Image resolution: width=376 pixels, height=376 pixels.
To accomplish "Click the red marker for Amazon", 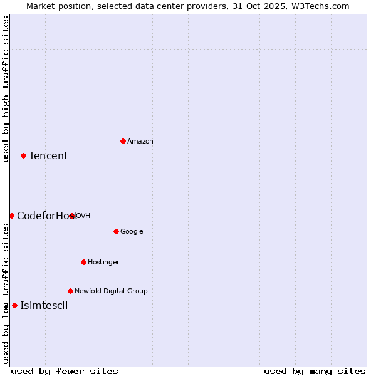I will (x=123, y=141).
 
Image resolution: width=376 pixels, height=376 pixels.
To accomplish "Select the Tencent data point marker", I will (x=23, y=155).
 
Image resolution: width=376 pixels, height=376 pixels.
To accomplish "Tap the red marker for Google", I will (x=116, y=231).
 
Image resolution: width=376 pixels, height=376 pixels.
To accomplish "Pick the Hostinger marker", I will (x=83, y=262).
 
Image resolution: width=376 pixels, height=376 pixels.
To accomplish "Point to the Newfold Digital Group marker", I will (x=70, y=291).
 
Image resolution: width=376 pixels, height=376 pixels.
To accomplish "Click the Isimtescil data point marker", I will (x=14, y=306).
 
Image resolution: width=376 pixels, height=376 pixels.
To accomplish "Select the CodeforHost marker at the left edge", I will (x=11, y=216).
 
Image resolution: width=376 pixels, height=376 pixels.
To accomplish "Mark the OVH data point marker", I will (x=72, y=216).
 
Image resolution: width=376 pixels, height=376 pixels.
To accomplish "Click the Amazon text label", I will (x=140, y=142).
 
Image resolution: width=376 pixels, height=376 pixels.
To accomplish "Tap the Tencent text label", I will (x=48, y=156).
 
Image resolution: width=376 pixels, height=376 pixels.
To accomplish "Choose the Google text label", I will (x=132, y=232).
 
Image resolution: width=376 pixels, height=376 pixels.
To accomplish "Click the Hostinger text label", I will (x=103, y=263).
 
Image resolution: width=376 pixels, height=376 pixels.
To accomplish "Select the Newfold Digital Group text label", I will (x=111, y=291).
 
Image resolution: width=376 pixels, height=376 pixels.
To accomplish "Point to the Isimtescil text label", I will (x=44, y=306).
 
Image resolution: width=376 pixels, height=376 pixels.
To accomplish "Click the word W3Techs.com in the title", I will (x=320, y=6).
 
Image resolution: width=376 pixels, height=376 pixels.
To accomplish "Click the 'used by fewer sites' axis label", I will (x=65, y=371).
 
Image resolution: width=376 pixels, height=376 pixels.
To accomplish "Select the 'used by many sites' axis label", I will (x=315, y=371).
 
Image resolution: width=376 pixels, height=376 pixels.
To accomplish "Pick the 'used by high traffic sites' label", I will (x=6, y=89).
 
